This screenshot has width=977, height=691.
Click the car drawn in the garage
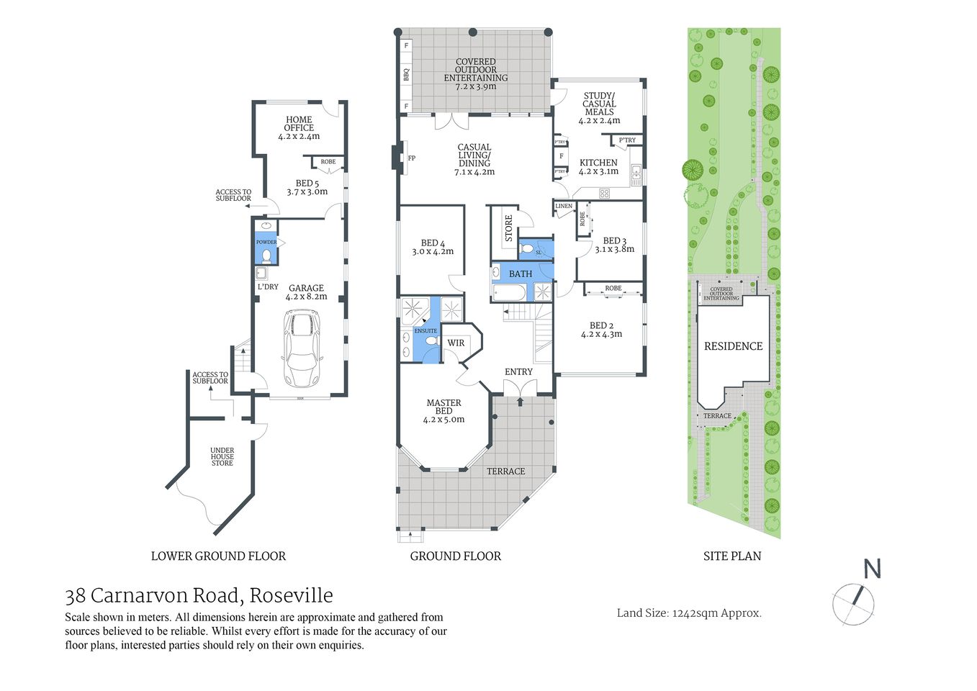[302, 348]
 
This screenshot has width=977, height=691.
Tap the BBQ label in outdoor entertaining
[406, 74]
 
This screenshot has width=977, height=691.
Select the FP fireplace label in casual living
[412, 158]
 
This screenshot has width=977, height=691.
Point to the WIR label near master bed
[456, 343]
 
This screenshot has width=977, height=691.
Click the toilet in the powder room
[266, 255]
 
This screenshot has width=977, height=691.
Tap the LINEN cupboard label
[564, 207]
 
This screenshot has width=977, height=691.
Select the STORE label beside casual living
[508, 228]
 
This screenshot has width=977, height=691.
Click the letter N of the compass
[872, 569]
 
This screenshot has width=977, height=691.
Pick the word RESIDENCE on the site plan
[733, 346]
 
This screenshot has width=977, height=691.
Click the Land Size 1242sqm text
[689, 613]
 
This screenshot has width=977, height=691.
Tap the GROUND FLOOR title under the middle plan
[455, 556]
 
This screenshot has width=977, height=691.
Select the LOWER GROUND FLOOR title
[218, 556]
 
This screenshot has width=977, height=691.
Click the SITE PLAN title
[731, 556]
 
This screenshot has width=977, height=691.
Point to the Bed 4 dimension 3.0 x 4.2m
[433, 252]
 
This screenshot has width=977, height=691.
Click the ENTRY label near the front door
[518, 371]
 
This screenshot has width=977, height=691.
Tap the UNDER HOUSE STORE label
[222, 456]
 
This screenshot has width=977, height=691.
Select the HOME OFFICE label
[299, 124]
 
